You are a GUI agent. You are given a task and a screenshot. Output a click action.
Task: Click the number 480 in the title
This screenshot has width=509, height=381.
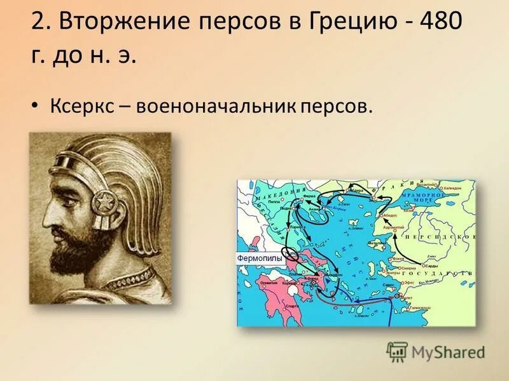pos(440,23)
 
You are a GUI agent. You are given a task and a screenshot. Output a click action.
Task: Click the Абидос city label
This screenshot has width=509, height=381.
pos(391,216)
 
